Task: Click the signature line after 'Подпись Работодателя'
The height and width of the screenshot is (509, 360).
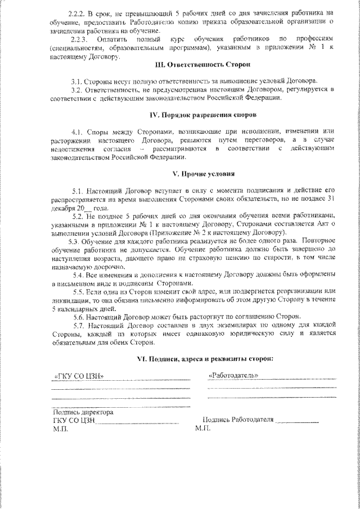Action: pos(298,421)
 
